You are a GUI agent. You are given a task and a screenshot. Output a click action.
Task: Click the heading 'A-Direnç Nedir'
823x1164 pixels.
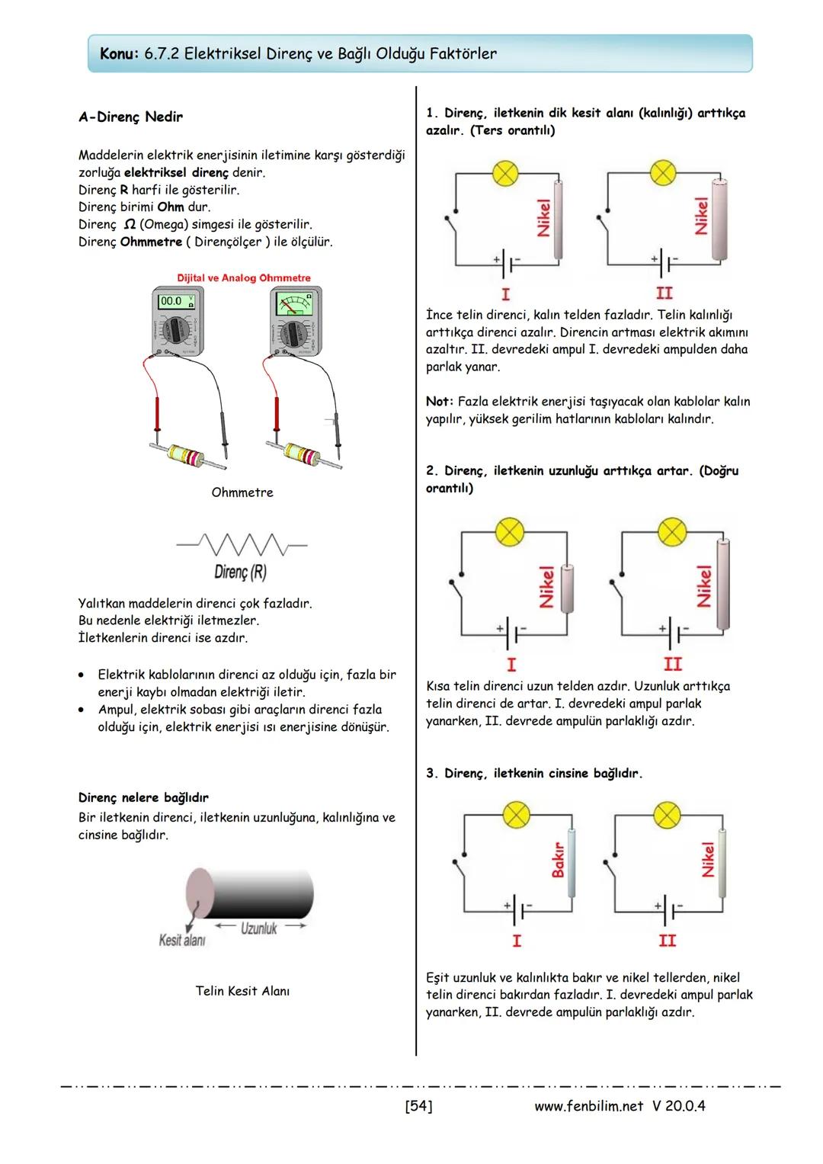pyautogui.click(x=130, y=117)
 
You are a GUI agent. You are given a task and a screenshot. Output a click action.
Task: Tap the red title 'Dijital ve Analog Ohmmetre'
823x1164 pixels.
pyautogui.click(x=244, y=278)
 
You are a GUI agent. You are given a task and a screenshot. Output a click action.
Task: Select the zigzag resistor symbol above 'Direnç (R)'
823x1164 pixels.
pyautogui.click(x=241, y=545)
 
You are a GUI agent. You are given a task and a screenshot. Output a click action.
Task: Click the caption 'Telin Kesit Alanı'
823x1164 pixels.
pyautogui.click(x=242, y=991)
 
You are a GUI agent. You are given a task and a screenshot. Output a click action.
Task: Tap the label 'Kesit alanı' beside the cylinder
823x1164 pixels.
pyautogui.click(x=181, y=940)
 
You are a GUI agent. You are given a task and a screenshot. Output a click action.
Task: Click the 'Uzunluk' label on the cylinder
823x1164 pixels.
pyautogui.click(x=258, y=928)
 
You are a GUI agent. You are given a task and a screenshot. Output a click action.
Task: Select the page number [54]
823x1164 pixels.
pyautogui.click(x=418, y=1105)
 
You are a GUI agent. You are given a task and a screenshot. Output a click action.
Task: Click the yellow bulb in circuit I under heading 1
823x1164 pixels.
pyautogui.click(x=504, y=173)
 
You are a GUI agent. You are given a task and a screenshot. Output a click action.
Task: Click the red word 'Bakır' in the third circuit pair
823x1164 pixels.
pyautogui.click(x=558, y=859)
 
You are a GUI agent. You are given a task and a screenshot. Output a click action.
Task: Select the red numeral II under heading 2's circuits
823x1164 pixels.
pyautogui.click(x=673, y=664)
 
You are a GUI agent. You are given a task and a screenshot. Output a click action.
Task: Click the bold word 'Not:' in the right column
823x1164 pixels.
pyautogui.click(x=440, y=402)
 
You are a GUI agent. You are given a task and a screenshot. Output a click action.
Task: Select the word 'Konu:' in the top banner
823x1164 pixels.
pyautogui.click(x=120, y=54)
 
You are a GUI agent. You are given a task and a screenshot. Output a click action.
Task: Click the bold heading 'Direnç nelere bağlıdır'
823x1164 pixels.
pyautogui.click(x=143, y=798)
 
